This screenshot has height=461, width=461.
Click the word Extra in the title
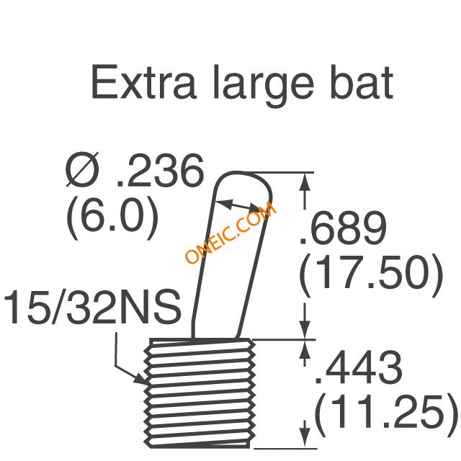144,82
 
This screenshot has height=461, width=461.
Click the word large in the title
264,86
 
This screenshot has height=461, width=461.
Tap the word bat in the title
362,82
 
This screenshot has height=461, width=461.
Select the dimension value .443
359,367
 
